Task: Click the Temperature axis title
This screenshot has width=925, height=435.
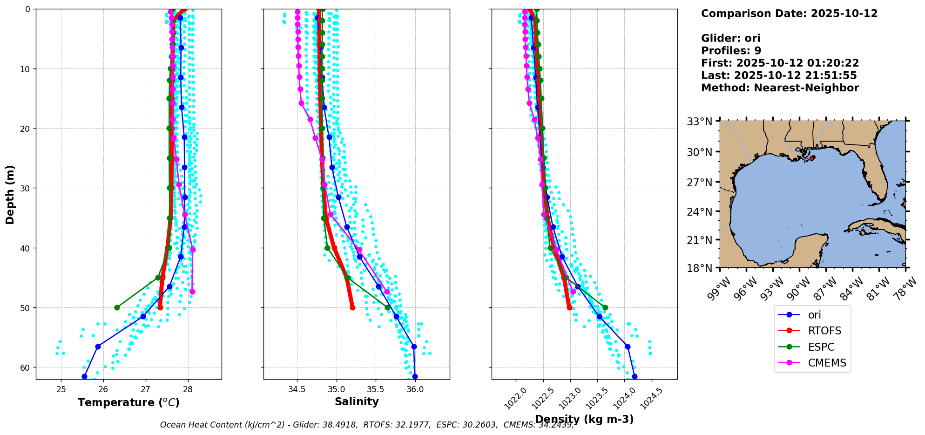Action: (x=128, y=402)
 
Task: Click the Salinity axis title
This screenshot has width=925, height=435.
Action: (x=357, y=401)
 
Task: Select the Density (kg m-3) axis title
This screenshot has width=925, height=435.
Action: (x=584, y=419)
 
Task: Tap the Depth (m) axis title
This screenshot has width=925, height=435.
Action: (x=10, y=194)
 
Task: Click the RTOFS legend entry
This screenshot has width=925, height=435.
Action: (x=824, y=331)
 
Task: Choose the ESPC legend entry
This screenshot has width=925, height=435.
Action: (x=821, y=347)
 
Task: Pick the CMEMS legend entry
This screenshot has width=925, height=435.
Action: (x=827, y=363)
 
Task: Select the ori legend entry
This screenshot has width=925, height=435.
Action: (x=814, y=315)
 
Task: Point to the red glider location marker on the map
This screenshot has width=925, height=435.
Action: (x=812, y=158)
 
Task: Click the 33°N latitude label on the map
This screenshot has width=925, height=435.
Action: (x=700, y=122)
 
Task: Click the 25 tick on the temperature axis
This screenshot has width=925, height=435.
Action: (x=61, y=389)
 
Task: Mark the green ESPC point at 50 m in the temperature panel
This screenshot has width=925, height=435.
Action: (x=117, y=307)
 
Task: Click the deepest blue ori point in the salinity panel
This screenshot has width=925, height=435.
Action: (x=415, y=376)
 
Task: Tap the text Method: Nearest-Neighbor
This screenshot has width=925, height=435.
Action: (x=780, y=88)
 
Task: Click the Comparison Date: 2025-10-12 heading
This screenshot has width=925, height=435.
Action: (x=789, y=14)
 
